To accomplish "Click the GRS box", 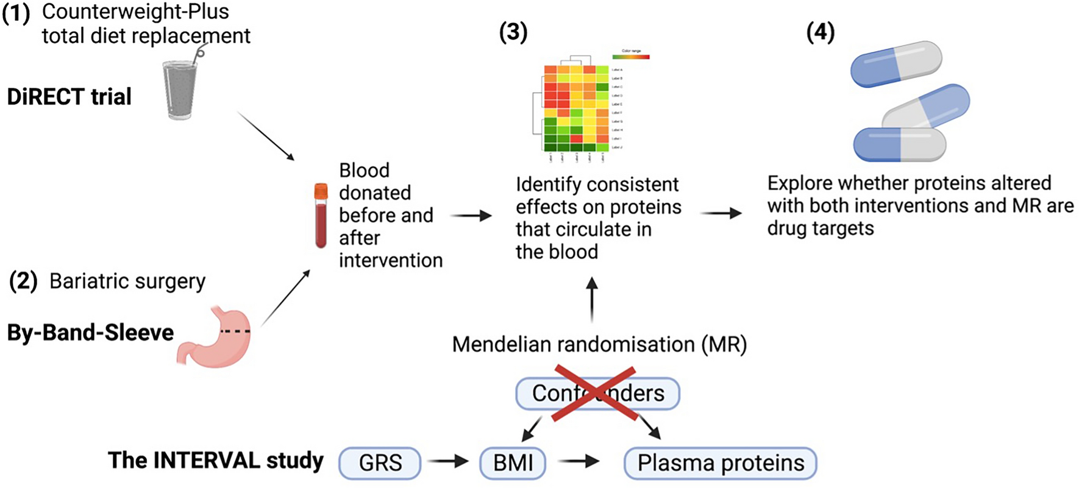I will pos(380,463).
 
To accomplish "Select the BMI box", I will pos(513,463).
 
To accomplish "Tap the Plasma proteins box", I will pos(720,463).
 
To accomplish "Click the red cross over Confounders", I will pos(594,394).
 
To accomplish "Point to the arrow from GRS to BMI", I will pos(448,461).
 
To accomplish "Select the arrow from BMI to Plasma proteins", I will pos(579,461).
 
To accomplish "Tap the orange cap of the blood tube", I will pos(321,191).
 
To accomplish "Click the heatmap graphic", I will pos(576,107).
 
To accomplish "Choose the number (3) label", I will pos(513,32).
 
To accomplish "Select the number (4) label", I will pos(820,32).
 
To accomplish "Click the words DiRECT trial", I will pos(69,96).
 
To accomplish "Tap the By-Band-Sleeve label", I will pos(90,333).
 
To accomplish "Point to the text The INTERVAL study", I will pos(215,460).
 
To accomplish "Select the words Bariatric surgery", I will pos(127,281).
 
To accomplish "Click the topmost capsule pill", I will pos(896,64).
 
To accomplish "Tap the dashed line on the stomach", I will pos(235,331).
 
